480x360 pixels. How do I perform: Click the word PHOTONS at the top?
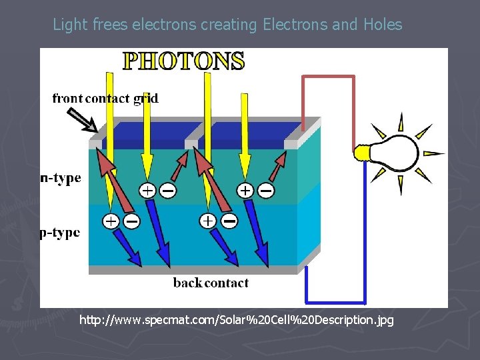click(x=184, y=61)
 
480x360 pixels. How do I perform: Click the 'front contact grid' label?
click(x=105, y=99)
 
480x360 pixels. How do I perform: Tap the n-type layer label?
click(x=61, y=178)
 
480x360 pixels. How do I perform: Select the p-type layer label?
click(x=61, y=233)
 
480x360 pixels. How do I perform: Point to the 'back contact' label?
click(x=211, y=283)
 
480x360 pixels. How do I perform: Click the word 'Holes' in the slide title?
click(x=383, y=25)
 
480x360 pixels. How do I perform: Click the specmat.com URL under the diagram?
click(x=237, y=320)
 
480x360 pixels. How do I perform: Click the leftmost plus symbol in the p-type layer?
click(x=111, y=220)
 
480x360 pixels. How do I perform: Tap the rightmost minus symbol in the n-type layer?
click(x=265, y=191)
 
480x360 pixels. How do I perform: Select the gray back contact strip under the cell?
click(x=193, y=270)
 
